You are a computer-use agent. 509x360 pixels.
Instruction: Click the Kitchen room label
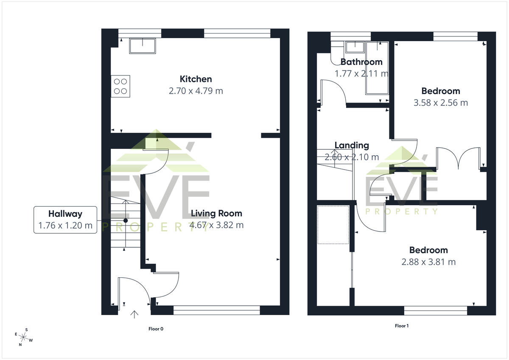point(196,79)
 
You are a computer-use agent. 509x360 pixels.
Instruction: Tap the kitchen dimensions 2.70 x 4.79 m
point(196,91)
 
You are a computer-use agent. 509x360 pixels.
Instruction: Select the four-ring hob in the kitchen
point(120,87)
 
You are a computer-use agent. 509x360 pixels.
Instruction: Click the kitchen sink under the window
point(143,46)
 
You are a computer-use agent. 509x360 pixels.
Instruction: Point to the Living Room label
point(216,214)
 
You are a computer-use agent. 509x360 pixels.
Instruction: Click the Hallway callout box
point(65,220)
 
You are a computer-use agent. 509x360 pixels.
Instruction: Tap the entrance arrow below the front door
point(134,314)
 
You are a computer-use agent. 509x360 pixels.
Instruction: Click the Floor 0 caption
point(156,329)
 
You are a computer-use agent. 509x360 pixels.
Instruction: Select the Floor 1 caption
point(402,326)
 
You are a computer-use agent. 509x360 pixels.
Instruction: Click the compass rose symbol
point(23,337)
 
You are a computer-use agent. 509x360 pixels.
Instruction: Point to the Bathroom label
point(361,62)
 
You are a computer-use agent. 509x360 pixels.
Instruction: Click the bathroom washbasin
point(355,47)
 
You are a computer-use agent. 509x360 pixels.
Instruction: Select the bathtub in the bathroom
point(377,68)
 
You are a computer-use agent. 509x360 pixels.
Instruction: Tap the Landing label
point(352,145)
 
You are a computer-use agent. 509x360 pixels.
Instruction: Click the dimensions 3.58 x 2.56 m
point(441,103)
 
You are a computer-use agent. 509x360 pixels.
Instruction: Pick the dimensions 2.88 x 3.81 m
point(428,262)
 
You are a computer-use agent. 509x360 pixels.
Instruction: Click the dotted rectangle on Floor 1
point(333,225)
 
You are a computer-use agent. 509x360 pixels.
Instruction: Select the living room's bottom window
point(217,310)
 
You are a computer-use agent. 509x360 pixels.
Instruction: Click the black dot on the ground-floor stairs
point(126,220)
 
